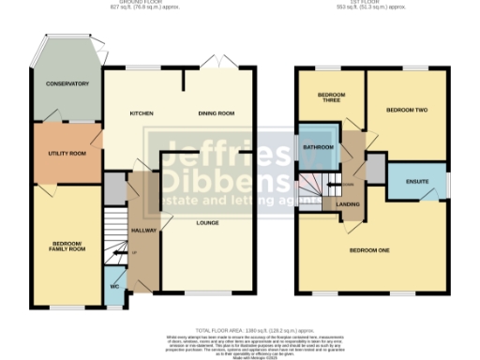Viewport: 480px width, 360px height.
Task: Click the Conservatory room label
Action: click(x=67, y=84)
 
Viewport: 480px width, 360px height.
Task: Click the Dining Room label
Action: click(x=215, y=114)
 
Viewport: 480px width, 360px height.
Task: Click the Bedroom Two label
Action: click(x=408, y=110)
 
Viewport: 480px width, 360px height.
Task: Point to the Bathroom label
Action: click(x=320, y=147)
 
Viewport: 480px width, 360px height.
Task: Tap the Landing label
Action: click(x=350, y=203)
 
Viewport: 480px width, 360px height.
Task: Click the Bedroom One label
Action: click(x=369, y=250)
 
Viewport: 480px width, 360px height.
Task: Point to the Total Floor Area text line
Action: click(x=241, y=330)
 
